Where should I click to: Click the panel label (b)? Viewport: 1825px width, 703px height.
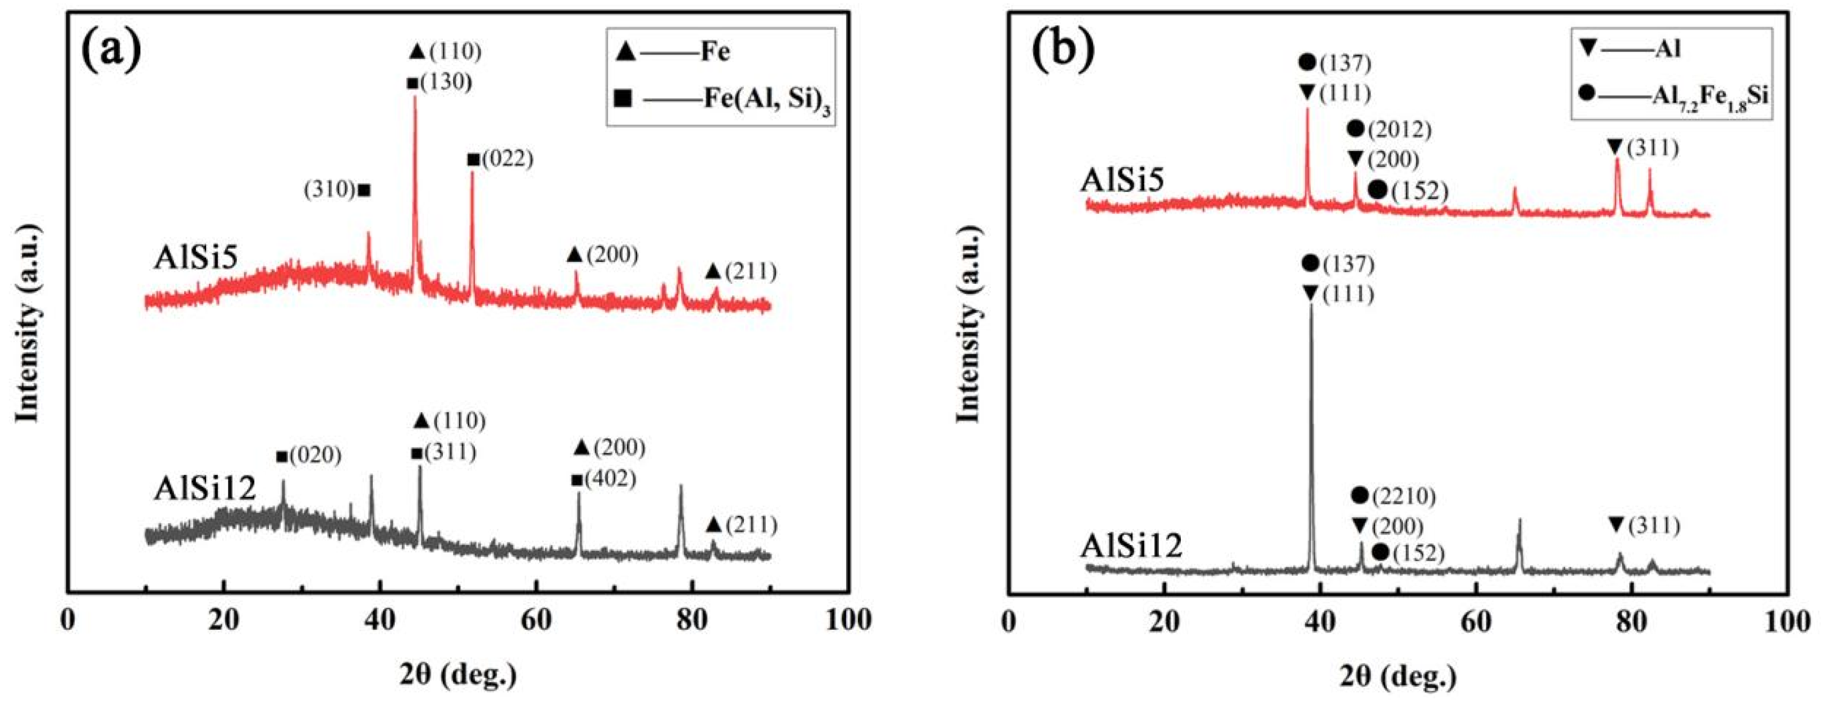[1062, 51]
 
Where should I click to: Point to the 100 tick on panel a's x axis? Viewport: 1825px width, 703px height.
[849, 619]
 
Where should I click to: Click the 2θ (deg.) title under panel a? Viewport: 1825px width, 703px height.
[458, 675]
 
